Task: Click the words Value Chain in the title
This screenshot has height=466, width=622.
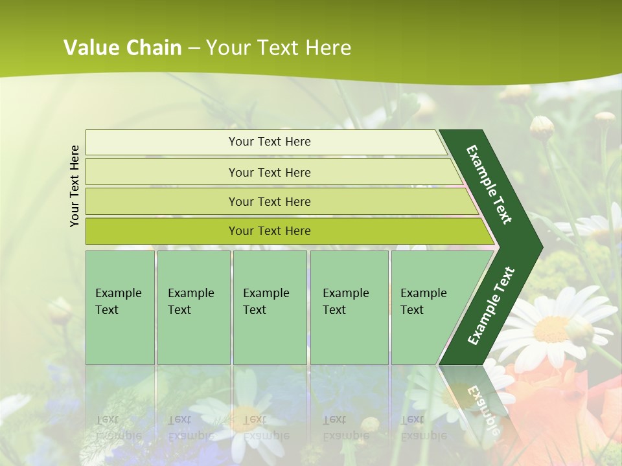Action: (x=122, y=48)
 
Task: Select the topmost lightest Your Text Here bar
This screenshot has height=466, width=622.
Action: (x=269, y=142)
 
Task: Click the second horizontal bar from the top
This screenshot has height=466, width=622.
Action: (x=269, y=172)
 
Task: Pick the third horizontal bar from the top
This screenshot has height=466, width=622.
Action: (x=269, y=201)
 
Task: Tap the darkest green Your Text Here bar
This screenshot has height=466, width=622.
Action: (x=269, y=231)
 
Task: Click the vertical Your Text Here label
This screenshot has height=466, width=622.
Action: (x=75, y=186)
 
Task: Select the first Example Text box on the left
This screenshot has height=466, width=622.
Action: (x=120, y=307)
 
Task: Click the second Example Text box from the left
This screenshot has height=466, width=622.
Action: (x=193, y=307)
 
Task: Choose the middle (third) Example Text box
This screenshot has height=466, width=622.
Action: (x=270, y=307)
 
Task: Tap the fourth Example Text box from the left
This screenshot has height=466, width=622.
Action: (x=349, y=307)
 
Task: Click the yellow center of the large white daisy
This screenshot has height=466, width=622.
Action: (x=552, y=328)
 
